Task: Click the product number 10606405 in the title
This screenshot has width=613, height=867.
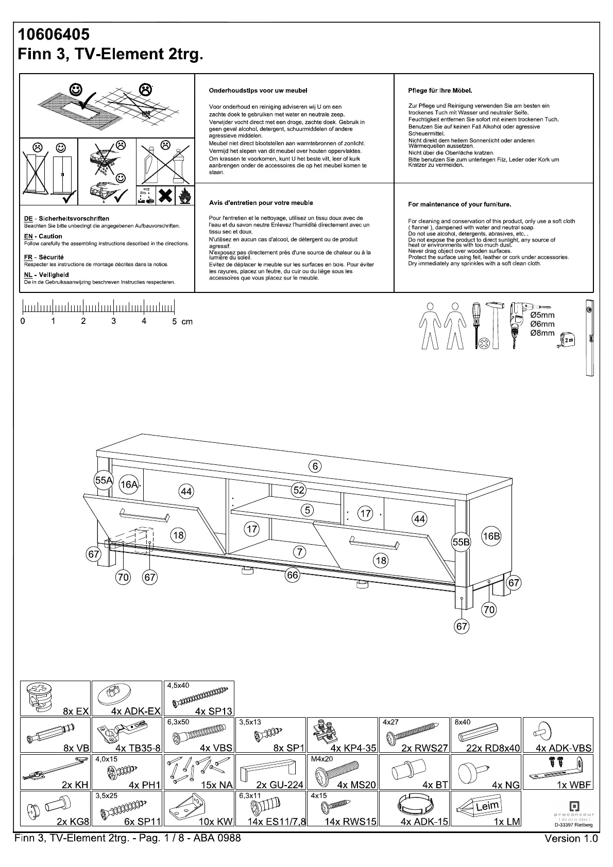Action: [54, 34]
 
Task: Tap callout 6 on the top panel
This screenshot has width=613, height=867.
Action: [315, 466]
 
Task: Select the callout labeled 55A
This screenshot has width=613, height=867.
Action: [104, 480]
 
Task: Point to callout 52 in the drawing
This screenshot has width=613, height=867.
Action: [299, 490]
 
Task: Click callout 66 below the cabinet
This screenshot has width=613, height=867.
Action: [292, 575]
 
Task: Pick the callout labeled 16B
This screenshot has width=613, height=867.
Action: [491, 536]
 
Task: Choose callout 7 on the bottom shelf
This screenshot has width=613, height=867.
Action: [299, 552]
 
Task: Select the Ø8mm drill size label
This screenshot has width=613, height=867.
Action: [542, 333]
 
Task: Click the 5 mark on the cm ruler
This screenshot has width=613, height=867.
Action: [174, 321]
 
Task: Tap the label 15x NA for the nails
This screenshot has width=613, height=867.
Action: [216, 785]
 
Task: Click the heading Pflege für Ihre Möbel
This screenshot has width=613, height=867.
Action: [440, 91]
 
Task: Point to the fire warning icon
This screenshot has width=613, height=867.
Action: [184, 195]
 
